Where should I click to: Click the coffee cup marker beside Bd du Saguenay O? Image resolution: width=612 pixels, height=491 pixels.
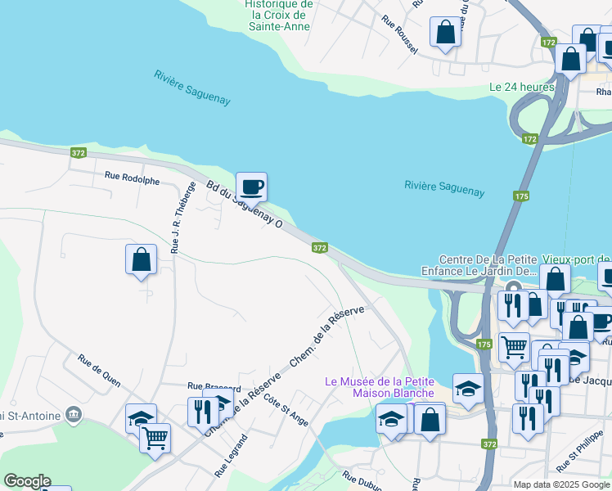(251, 187)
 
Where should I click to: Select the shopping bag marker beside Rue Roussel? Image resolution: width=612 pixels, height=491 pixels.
(446, 34)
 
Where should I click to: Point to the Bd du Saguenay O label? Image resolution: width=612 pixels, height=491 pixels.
(244, 205)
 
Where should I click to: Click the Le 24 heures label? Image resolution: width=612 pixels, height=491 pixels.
(522, 87)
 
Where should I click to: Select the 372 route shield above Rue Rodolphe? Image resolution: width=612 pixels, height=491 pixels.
(79, 153)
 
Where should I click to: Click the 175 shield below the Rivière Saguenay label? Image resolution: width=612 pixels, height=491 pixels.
(521, 196)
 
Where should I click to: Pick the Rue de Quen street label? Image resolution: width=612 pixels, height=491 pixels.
(99, 370)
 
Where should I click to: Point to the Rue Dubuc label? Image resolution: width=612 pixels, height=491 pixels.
(359, 480)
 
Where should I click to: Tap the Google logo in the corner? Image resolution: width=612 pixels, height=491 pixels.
(27, 481)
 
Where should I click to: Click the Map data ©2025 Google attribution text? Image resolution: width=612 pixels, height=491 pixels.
(560, 484)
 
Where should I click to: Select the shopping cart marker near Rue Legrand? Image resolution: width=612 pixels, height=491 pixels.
(155, 438)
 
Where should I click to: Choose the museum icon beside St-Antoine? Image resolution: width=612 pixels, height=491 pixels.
(74, 416)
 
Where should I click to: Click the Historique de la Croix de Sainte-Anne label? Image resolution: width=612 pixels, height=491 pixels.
(279, 15)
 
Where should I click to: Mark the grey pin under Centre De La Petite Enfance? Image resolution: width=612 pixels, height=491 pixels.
(513, 288)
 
